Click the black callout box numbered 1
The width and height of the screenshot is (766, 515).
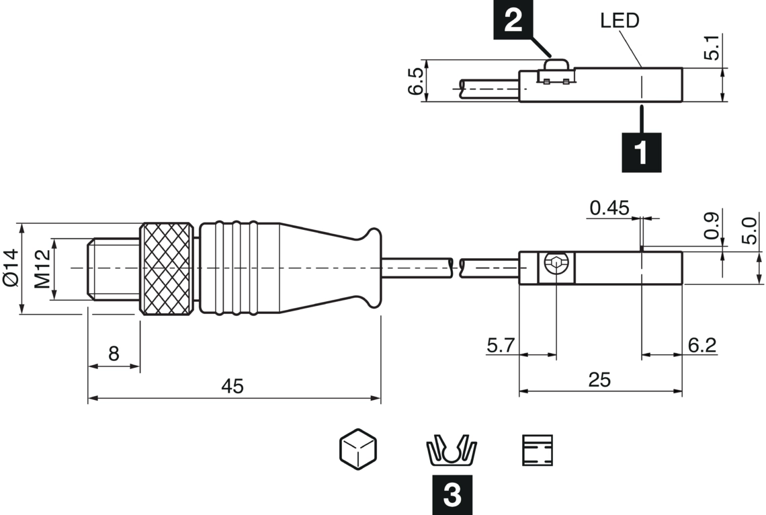click(x=641, y=152)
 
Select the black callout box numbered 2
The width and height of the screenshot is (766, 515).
click(x=513, y=19)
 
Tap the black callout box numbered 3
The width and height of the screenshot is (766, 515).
click(x=452, y=494)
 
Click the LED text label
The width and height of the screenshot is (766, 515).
click(x=620, y=21)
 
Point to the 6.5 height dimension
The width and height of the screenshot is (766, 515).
click(x=416, y=81)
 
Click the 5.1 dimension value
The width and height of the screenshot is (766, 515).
click(x=713, y=47)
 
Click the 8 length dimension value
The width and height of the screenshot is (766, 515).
click(x=114, y=353)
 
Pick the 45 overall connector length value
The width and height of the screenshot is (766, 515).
click(x=232, y=386)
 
